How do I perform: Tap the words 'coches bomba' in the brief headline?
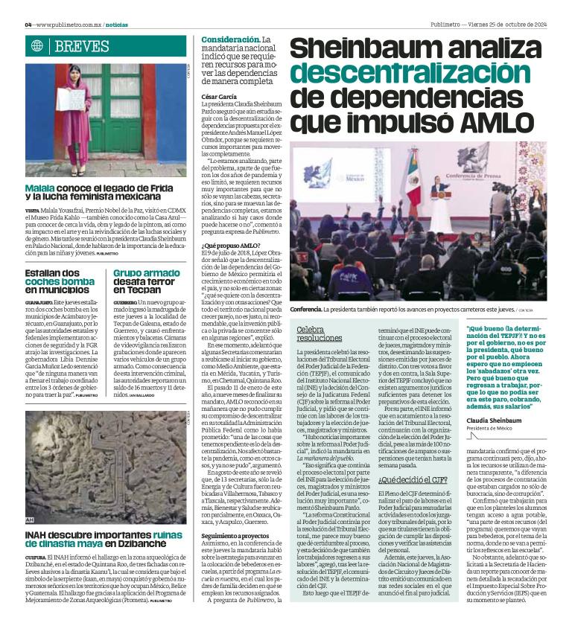(60, 282)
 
